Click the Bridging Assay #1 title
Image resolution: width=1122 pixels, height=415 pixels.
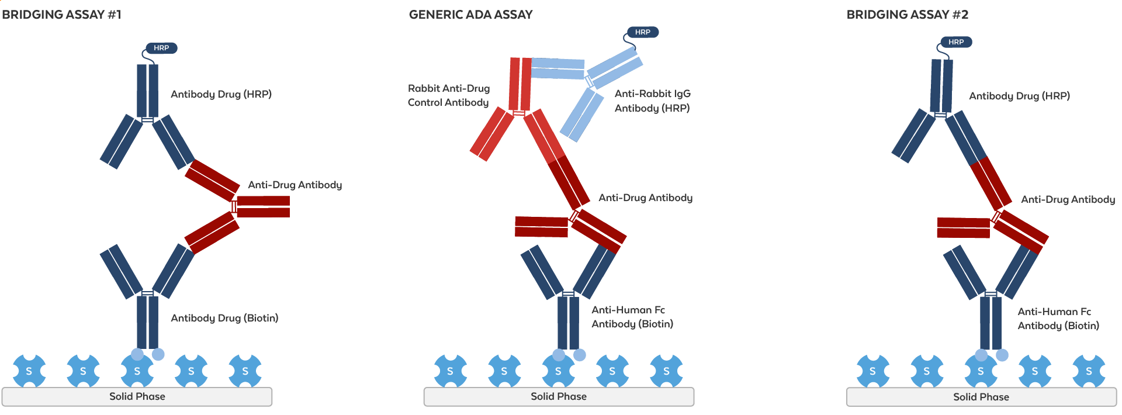(x=61, y=15)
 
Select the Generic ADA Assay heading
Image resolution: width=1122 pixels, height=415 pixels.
(x=470, y=15)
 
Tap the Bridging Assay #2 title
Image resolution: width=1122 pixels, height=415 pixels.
(x=907, y=15)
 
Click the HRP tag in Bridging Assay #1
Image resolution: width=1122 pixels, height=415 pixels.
(x=161, y=48)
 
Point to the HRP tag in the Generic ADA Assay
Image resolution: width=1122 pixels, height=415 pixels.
(x=643, y=32)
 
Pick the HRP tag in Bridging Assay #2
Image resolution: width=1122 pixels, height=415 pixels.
(x=956, y=42)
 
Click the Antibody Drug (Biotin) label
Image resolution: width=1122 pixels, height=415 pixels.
(x=224, y=318)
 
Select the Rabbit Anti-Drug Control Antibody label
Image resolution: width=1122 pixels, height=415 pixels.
(x=449, y=95)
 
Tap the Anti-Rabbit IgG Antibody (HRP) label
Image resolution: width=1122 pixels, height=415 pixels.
(x=652, y=101)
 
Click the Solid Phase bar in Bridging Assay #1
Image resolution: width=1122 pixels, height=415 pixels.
(x=137, y=396)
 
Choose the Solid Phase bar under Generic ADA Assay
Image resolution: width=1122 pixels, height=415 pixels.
(x=559, y=396)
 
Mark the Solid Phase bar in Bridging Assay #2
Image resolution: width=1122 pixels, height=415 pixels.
(x=981, y=397)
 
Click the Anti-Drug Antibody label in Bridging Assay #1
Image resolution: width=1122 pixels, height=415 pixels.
(x=295, y=185)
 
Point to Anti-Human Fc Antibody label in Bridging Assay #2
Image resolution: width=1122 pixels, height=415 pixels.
(x=1058, y=319)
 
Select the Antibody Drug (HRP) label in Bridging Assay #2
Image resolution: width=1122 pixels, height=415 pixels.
(x=1019, y=96)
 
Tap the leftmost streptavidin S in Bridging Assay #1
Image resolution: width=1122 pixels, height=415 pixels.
(x=29, y=371)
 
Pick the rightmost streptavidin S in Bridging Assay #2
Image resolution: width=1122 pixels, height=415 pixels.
(x=1089, y=371)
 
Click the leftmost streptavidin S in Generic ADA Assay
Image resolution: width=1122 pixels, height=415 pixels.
(x=450, y=371)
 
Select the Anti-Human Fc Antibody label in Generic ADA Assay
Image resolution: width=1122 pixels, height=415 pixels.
(x=632, y=317)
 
